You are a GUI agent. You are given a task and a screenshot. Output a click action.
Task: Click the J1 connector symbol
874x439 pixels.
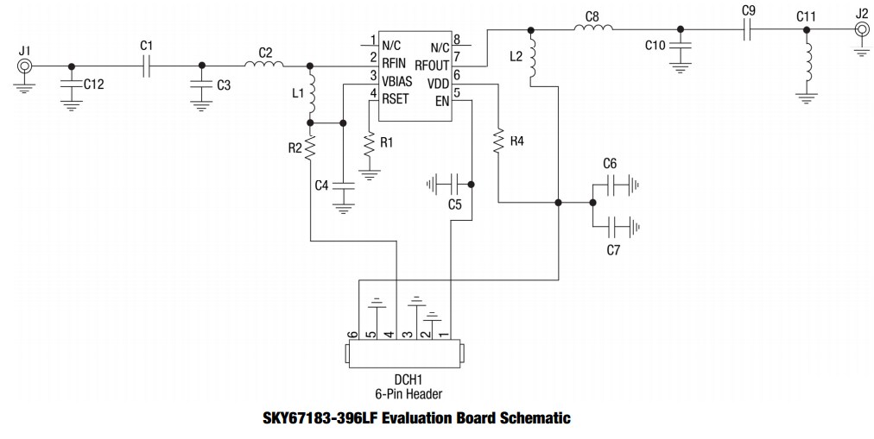[25, 66]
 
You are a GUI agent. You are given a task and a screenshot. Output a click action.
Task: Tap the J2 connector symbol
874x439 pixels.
[861, 29]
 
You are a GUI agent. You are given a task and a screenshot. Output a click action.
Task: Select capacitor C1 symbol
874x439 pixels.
[147, 66]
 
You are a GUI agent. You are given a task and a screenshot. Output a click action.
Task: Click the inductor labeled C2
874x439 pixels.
[260, 64]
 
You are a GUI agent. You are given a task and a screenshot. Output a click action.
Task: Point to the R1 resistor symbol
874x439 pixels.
[370, 147]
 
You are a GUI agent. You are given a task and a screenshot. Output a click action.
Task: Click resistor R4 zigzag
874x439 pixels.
[498, 141]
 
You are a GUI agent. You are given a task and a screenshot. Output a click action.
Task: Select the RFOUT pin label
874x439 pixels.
[432, 65]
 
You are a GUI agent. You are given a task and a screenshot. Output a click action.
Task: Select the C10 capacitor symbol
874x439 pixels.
[681, 46]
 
